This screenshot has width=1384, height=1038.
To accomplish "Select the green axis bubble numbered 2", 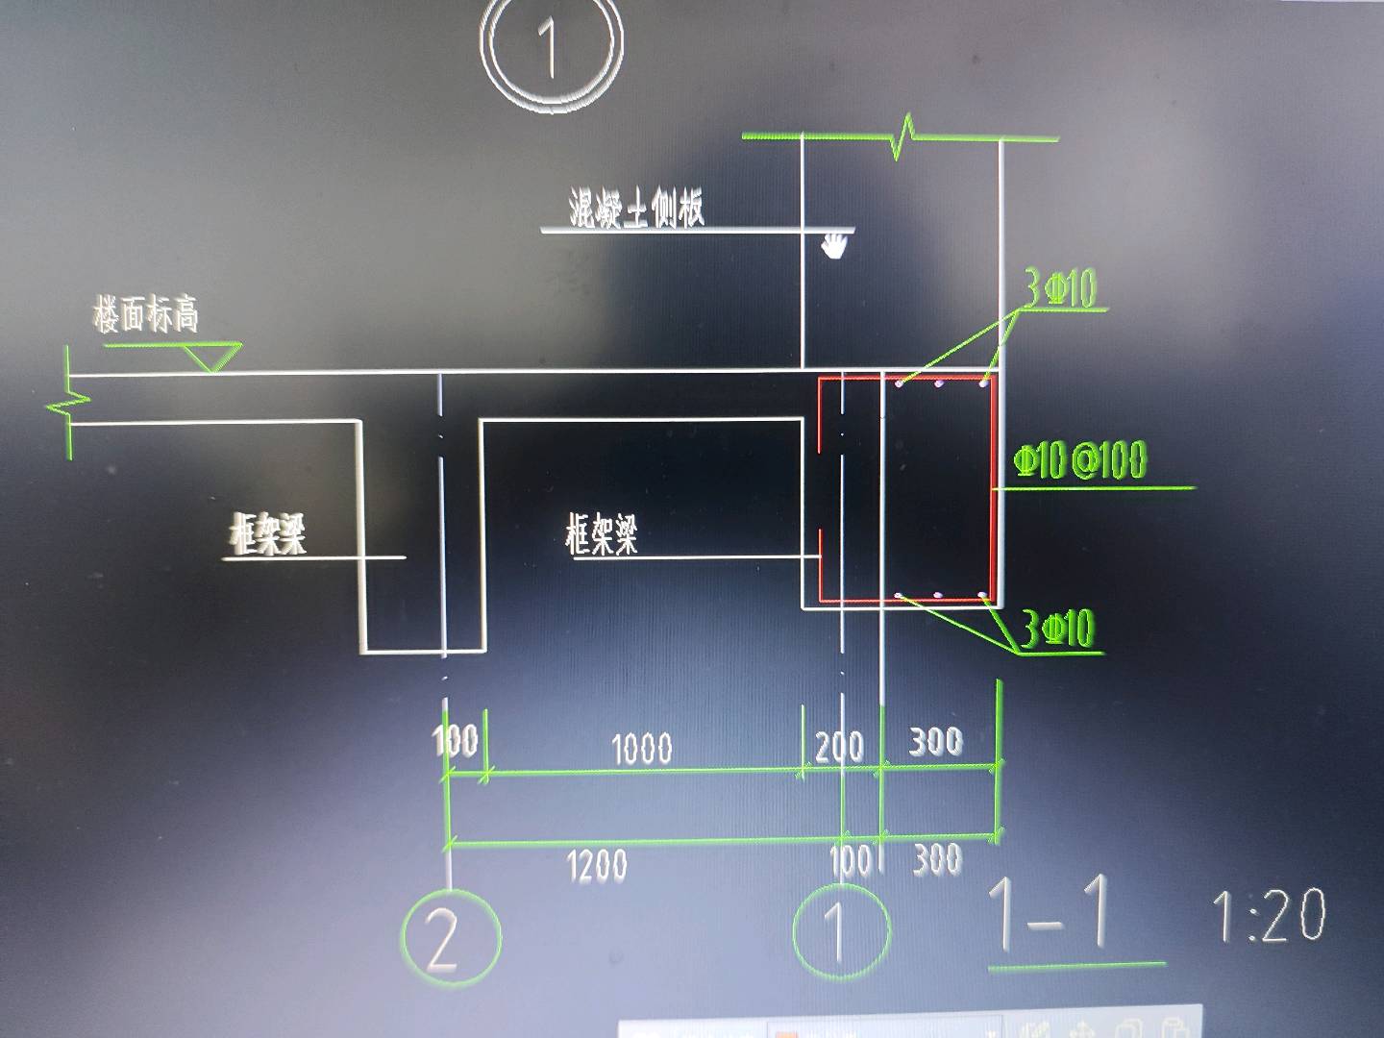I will click(451, 937).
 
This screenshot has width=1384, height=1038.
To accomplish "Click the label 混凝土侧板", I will click(636, 209).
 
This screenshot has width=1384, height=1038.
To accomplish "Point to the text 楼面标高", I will click(146, 313).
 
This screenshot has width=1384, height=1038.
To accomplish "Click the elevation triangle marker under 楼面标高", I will click(214, 357).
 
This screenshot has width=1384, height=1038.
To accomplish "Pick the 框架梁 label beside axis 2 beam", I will click(268, 533).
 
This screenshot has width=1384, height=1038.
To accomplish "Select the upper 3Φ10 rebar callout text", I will click(1060, 288).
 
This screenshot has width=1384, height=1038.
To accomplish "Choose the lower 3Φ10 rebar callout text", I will click(1057, 630).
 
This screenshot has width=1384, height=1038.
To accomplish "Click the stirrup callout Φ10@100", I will click(1080, 460).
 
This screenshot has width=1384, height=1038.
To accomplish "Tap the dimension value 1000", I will click(642, 748).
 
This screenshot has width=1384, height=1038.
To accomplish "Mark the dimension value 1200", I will click(597, 865).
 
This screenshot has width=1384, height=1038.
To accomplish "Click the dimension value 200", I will click(839, 746).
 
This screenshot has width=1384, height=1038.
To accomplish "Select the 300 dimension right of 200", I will click(936, 741).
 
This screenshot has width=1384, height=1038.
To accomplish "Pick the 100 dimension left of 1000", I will click(456, 740).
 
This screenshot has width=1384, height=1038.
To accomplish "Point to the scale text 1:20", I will click(1268, 916).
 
